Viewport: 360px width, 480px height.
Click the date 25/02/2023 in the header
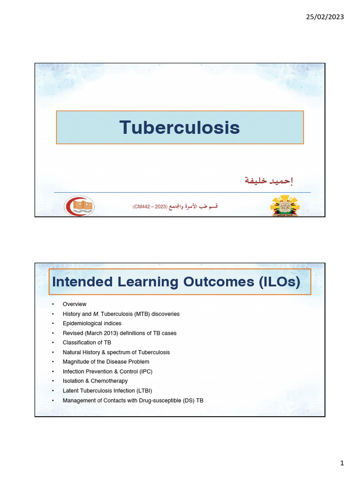pos(325,17)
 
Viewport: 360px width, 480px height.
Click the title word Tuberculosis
pos(180,127)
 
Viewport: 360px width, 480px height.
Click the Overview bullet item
pos(75,304)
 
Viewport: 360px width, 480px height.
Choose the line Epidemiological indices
pos(92,323)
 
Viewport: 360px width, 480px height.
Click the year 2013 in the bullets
pos(112,333)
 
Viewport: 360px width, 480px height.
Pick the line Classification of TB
pos(87,343)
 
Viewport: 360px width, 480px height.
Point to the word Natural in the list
pos(72,352)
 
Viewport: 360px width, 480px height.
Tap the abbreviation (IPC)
pos(145,372)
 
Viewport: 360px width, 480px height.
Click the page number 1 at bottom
pos(342,463)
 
